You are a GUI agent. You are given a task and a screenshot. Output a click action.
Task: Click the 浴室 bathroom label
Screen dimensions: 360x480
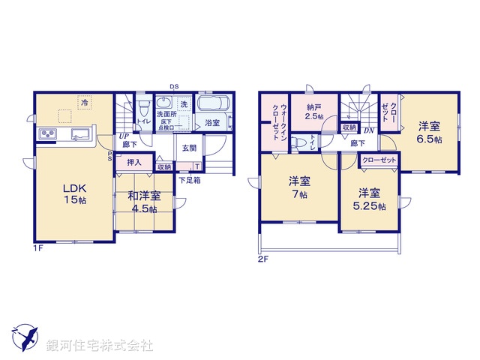coord(211,124)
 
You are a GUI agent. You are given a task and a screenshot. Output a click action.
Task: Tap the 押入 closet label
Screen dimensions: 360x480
coord(134,162)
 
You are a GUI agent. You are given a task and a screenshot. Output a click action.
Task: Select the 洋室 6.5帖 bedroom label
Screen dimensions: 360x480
coord(430,132)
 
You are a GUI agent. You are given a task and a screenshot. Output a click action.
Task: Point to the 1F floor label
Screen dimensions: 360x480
coord(38,248)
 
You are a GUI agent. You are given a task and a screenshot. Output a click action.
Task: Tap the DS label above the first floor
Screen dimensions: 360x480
coord(174,87)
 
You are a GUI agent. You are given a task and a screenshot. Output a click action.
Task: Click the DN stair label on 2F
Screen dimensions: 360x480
coord(368,130)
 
